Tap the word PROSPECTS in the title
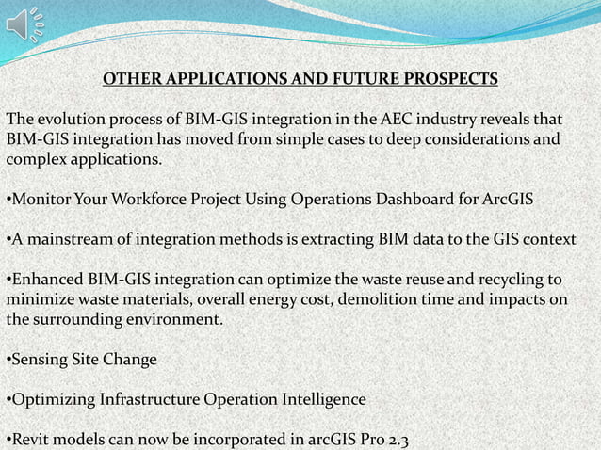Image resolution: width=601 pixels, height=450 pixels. click(x=444, y=78)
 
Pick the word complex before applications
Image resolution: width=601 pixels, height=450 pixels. click(x=36, y=160)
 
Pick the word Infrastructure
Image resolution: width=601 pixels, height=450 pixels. click(x=152, y=400)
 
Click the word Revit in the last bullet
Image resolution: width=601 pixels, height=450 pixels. click(x=30, y=440)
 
